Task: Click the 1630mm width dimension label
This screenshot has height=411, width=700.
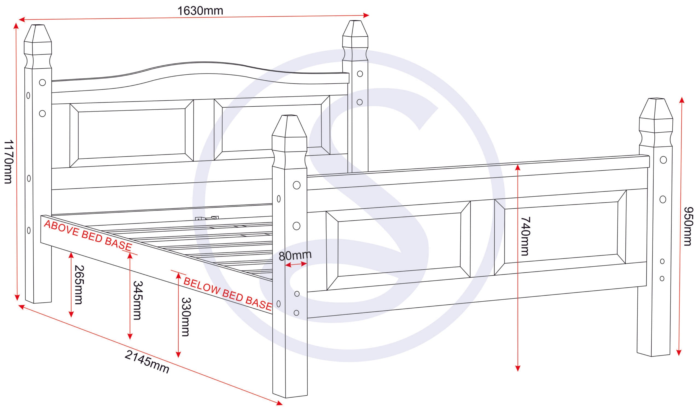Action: pyautogui.click(x=200, y=11)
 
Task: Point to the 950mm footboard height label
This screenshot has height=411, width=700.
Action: pyautogui.click(x=688, y=226)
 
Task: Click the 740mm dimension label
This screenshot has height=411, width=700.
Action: pyautogui.click(x=525, y=236)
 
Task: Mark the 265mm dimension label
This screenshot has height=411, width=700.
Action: pyautogui.click(x=78, y=285)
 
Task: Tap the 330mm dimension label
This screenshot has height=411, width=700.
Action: pyautogui.click(x=186, y=317)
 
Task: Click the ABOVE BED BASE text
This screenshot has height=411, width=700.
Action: pyautogui.click(x=88, y=236)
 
